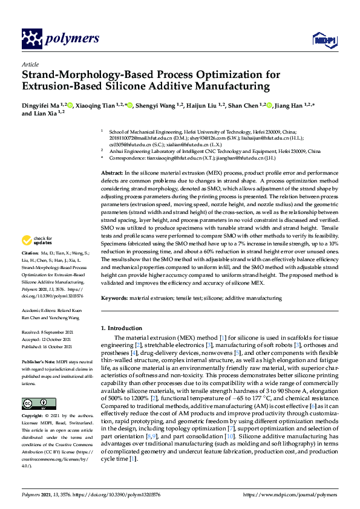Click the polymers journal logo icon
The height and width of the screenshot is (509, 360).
pos(31,39)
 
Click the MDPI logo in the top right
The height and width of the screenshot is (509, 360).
pos(324,40)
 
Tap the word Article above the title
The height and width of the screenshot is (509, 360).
pos(29,63)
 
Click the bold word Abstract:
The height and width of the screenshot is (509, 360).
pos(111,173)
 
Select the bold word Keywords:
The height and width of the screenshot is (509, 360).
pos(114,298)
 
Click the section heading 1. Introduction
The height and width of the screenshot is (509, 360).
pos(121,328)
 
